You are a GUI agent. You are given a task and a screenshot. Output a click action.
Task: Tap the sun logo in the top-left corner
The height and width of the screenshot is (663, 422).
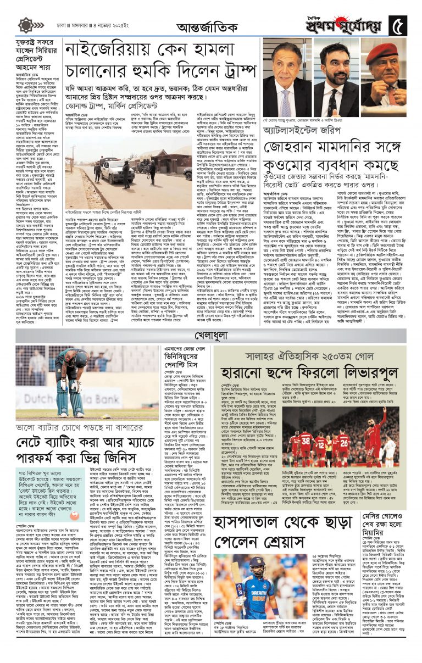pyautogui.click(x=25, y=25)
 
